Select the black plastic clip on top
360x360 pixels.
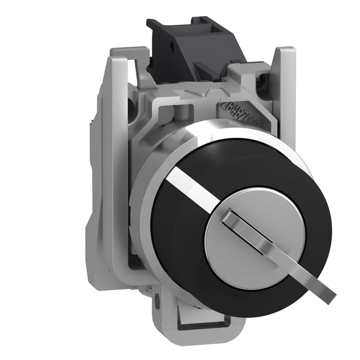click(193, 49)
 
